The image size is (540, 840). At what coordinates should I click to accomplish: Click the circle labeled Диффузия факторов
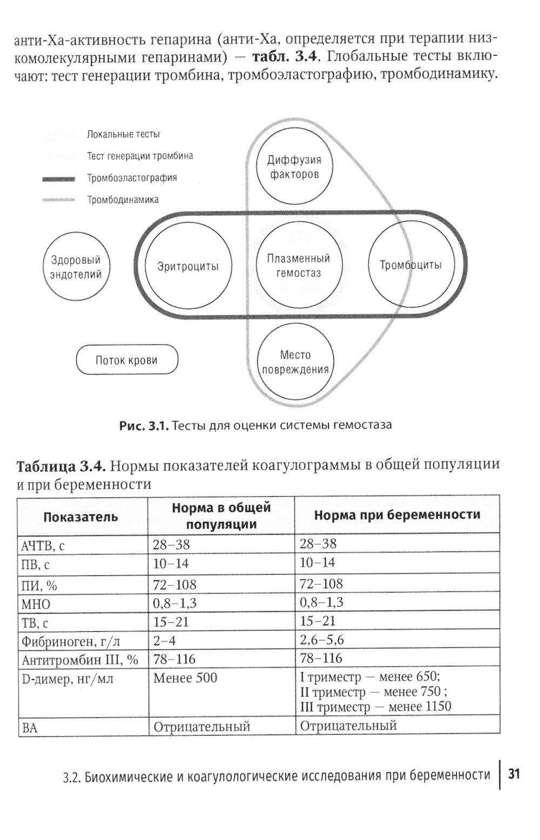[x=294, y=167]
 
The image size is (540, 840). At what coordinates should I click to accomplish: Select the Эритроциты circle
[x=188, y=266]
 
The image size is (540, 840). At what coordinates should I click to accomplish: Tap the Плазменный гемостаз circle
[x=298, y=266]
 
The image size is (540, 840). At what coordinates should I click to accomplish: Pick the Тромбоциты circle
[x=410, y=265]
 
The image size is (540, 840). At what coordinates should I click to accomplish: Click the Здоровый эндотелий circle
[x=76, y=267]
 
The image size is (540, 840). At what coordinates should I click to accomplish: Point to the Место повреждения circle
[x=295, y=362]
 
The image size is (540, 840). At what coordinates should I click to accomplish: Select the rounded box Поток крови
[x=127, y=360]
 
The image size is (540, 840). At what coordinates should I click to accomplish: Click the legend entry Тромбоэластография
[x=132, y=178]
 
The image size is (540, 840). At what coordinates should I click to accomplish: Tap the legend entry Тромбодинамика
[x=123, y=199]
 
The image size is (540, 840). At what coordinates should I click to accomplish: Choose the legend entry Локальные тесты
[x=123, y=134]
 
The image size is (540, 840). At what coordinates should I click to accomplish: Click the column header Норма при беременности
[x=397, y=515]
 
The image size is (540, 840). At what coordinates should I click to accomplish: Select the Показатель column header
[x=80, y=517]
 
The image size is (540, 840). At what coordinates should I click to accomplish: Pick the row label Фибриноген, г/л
[x=71, y=642]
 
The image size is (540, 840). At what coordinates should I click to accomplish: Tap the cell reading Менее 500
[x=185, y=678]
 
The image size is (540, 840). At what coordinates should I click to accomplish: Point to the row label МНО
[x=36, y=604]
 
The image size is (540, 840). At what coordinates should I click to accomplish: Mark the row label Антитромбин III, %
[x=80, y=660]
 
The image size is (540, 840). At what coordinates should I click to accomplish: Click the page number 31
[x=514, y=774]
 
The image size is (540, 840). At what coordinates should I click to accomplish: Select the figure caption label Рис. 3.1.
[x=144, y=425]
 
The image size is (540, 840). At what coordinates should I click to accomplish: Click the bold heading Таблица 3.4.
[x=61, y=466]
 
